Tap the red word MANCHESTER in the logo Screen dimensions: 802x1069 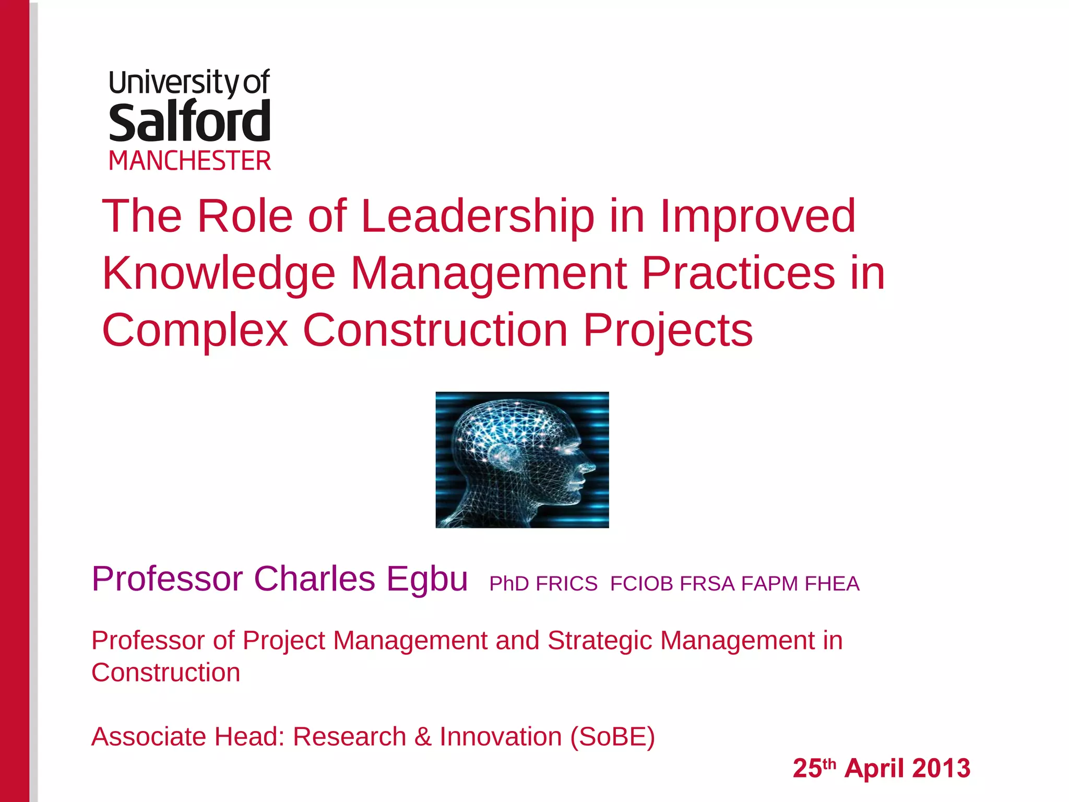point(189,161)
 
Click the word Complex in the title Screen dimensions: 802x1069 point(195,330)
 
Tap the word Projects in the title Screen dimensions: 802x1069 point(668,330)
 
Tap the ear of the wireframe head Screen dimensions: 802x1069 point(502,456)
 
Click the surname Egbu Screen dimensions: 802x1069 point(427,579)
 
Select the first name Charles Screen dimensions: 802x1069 point(314,579)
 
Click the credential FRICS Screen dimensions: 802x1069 point(566,584)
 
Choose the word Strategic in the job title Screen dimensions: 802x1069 point(600,641)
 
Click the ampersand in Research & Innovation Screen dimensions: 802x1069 point(423,737)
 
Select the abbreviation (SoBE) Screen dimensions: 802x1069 point(612,737)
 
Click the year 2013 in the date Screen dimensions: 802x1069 point(941,769)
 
